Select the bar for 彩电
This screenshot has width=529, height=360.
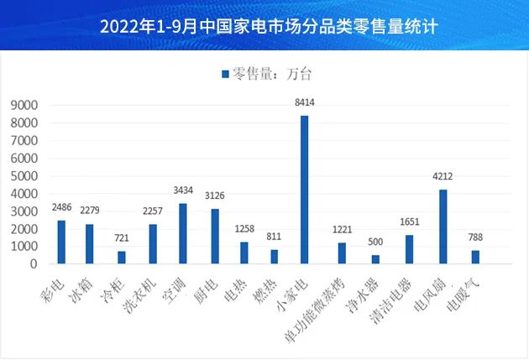[61, 242]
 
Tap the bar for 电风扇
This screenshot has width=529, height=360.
[443, 227]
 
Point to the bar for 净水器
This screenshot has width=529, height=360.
[375, 259]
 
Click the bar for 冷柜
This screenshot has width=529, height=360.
[122, 258]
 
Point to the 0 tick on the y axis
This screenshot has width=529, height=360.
[34, 264]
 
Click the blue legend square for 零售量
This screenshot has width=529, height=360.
[225, 75]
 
